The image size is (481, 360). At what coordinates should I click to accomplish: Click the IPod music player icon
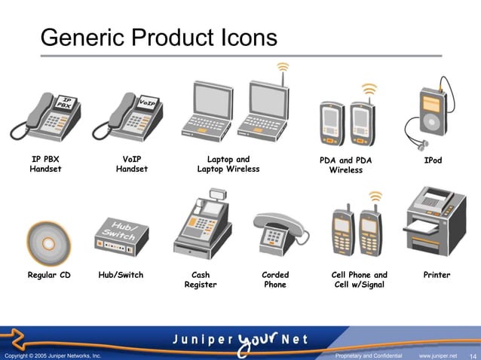(x=431, y=113)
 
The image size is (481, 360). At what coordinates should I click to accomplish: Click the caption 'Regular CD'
(x=49, y=275)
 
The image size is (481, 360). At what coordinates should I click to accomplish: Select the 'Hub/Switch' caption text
(x=121, y=275)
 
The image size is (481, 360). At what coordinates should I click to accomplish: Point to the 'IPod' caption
(x=433, y=160)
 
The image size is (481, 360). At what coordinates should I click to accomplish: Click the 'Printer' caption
(x=437, y=275)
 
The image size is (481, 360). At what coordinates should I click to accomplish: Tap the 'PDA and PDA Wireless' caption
(x=345, y=165)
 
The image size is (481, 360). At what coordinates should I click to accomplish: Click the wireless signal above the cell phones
(x=375, y=197)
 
